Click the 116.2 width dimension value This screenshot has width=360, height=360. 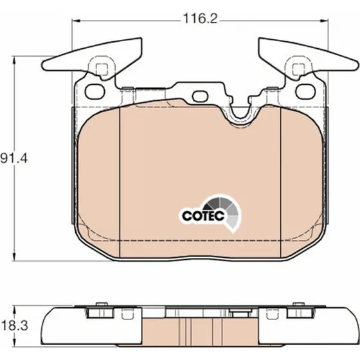click(x=200, y=19)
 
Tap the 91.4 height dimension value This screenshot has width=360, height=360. click(x=14, y=158)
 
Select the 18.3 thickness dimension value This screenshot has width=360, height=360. click(x=14, y=325)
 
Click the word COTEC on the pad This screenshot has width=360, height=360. click(x=203, y=215)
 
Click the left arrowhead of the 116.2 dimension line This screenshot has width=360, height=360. click(x=76, y=21)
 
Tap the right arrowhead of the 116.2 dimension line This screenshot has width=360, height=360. click(x=324, y=21)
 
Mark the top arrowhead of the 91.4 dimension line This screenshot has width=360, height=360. click(x=14, y=60)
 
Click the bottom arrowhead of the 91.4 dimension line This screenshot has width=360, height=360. click(x=14, y=256)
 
